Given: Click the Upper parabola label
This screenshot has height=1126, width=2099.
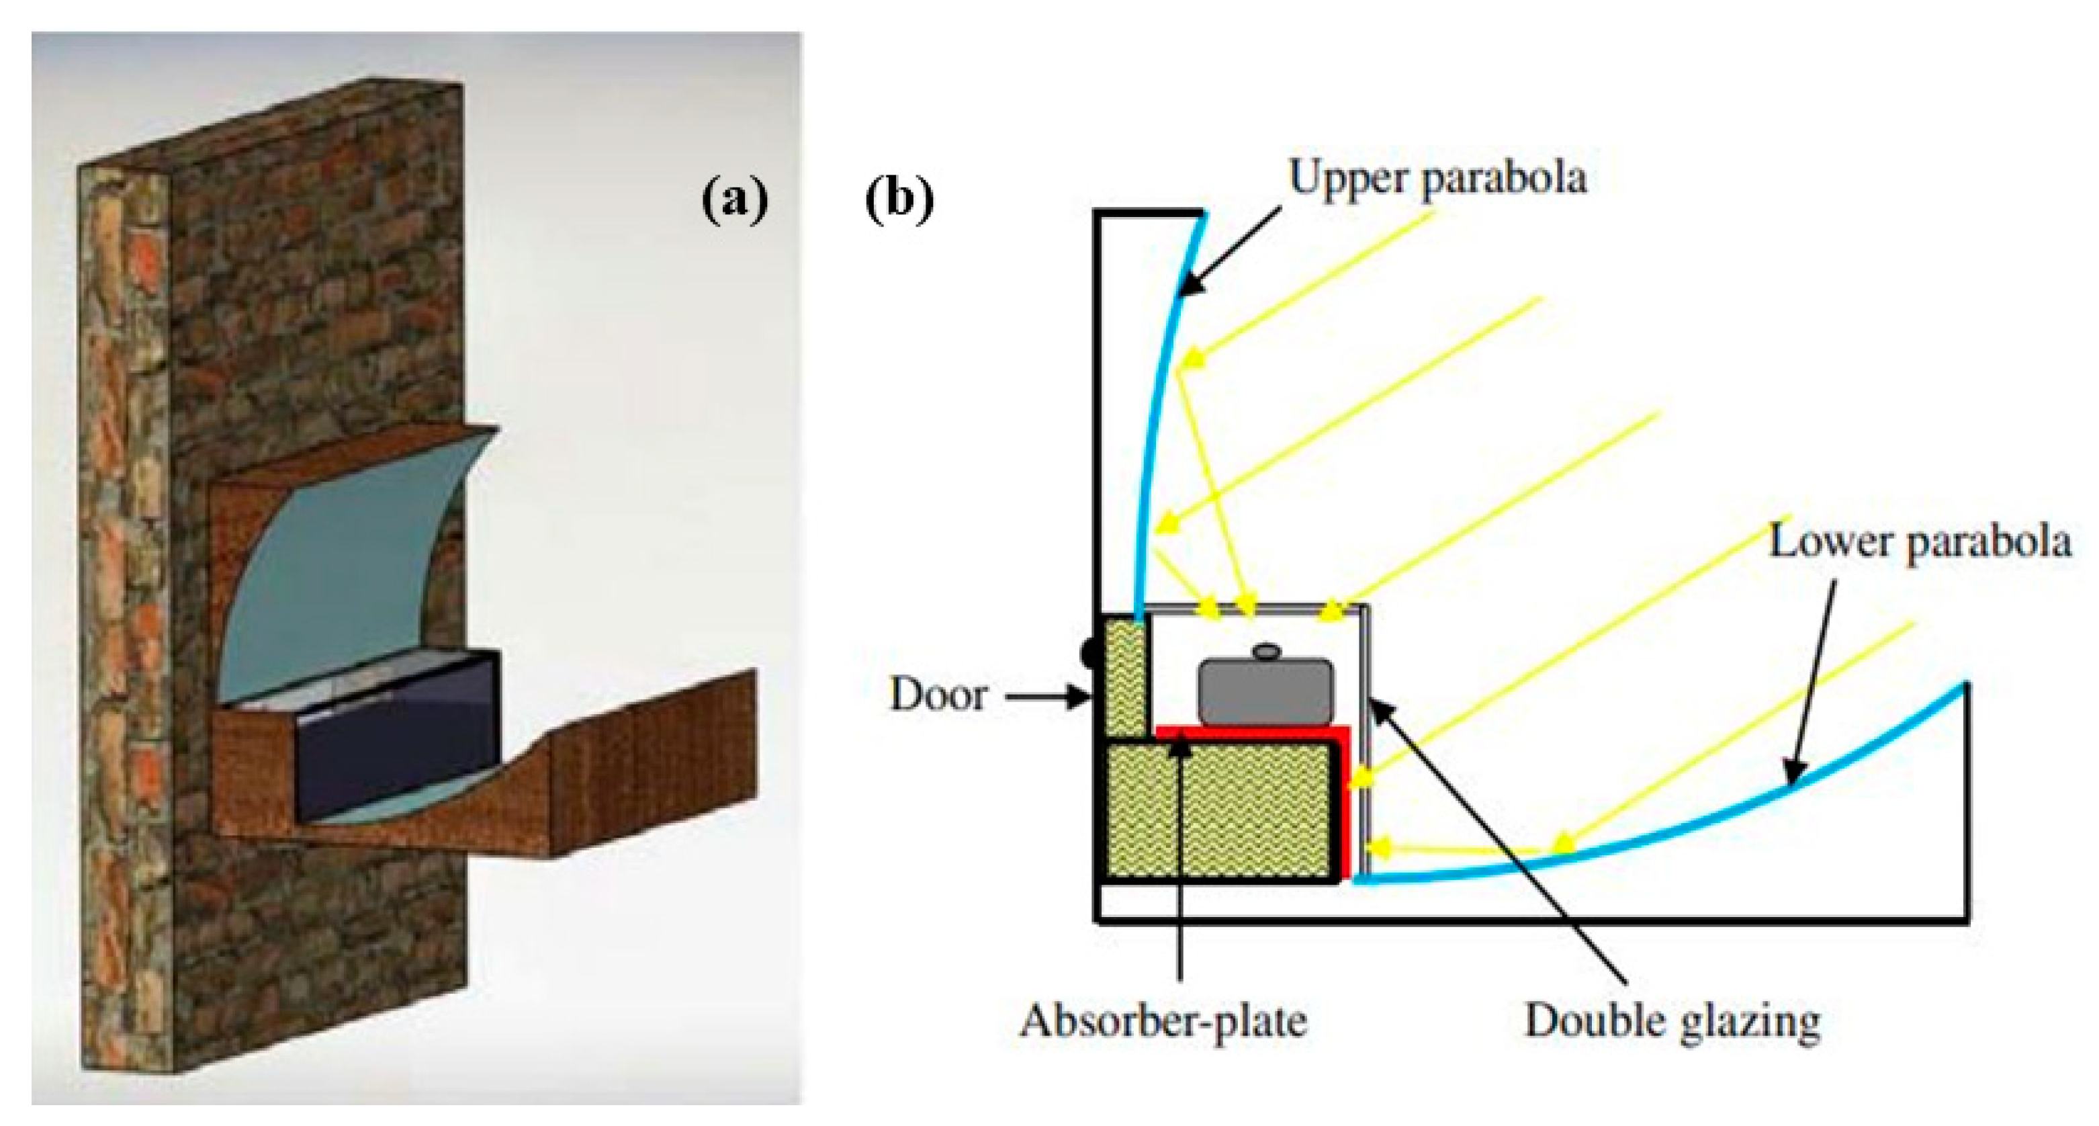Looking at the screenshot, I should pyautogui.click(x=1437, y=177).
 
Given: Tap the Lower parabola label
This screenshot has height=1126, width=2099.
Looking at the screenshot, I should pyautogui.click(x=1919, y=542).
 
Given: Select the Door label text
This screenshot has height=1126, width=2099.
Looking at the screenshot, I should pyautogui.click(x=938, y=695).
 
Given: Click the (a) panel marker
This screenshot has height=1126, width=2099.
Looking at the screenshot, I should pyautogui.click(x=734, y=200).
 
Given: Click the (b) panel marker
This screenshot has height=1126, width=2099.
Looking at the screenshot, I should pyautogui.click(x=899, y=200).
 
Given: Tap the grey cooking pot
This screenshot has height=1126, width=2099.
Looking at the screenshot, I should pyautogui.click(x=1265, y=693).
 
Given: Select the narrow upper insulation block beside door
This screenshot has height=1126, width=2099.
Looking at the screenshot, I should pyautogui.click(x=1124, y=677).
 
